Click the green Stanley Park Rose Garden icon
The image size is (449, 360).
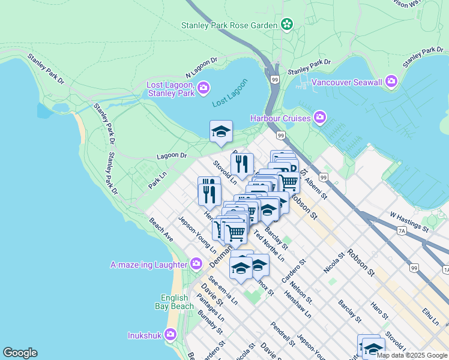(288, 25)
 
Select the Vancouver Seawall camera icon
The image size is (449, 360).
(391, 81)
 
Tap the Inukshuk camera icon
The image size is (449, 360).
(170, 334)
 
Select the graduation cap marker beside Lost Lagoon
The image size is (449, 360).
(221, 131)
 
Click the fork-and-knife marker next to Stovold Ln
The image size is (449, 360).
(242, 164)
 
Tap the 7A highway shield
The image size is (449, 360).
(402, 230)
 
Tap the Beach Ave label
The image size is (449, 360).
(161, 230)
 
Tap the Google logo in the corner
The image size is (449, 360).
(20, 353)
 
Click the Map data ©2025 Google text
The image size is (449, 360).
(411, 355)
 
